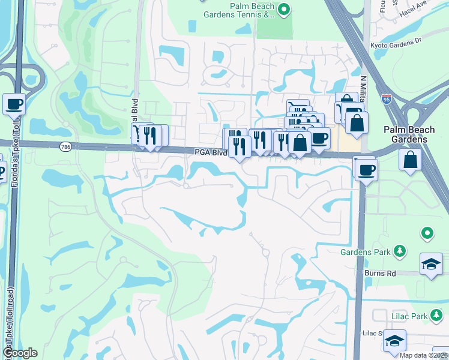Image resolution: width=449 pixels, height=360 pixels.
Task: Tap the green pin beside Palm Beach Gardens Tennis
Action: click(x=285, y=8)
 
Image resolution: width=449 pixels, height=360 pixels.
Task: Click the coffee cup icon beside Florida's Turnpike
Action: click(x=14, y=104)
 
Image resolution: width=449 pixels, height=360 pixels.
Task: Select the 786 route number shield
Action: click(x=66, y=146)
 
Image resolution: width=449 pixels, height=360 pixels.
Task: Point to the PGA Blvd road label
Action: click(x=210, y=153)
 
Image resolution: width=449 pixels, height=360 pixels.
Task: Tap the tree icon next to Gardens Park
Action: click(x=398, y=251)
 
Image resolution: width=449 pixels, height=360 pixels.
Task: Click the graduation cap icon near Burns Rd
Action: click(x=431, y=264)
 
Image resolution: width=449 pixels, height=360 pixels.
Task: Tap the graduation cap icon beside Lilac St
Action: click(x=394, y=340)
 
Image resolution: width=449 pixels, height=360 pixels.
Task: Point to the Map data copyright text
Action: click(x=423, y=355)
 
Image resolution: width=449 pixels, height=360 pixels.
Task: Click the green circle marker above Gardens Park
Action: click(x=427, y=232)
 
